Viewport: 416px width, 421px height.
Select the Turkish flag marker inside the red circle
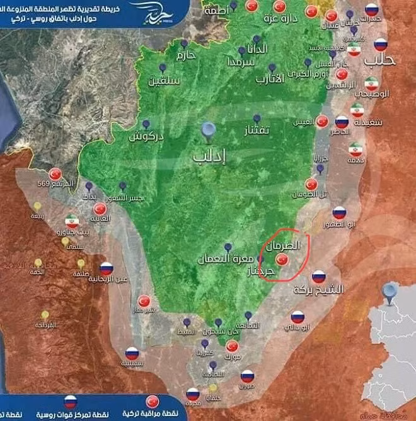pyautogui.click(x=282, y=259)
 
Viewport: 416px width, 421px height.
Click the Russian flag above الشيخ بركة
pyautogui.click(x=318, y=276)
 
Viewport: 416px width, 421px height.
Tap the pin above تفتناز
pyautogui.click(x=257, y=118)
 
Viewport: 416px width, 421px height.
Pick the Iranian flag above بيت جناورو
pyautogui.click(x=72, y=221)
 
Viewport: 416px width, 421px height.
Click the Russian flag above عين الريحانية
pyautogui.click(x=106, y=268)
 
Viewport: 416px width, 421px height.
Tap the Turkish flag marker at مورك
pyautogui.click(x=232, y=346)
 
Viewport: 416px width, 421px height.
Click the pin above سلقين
pyautogui.click(x=162, y=67)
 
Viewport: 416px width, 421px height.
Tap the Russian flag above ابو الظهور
pyautogui.click(x=339, y=213)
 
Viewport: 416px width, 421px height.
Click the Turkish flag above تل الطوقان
pyautogui.click(x=311, y=183)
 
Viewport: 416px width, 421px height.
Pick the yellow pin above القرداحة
pyautogui.click(x=45, y=314)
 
